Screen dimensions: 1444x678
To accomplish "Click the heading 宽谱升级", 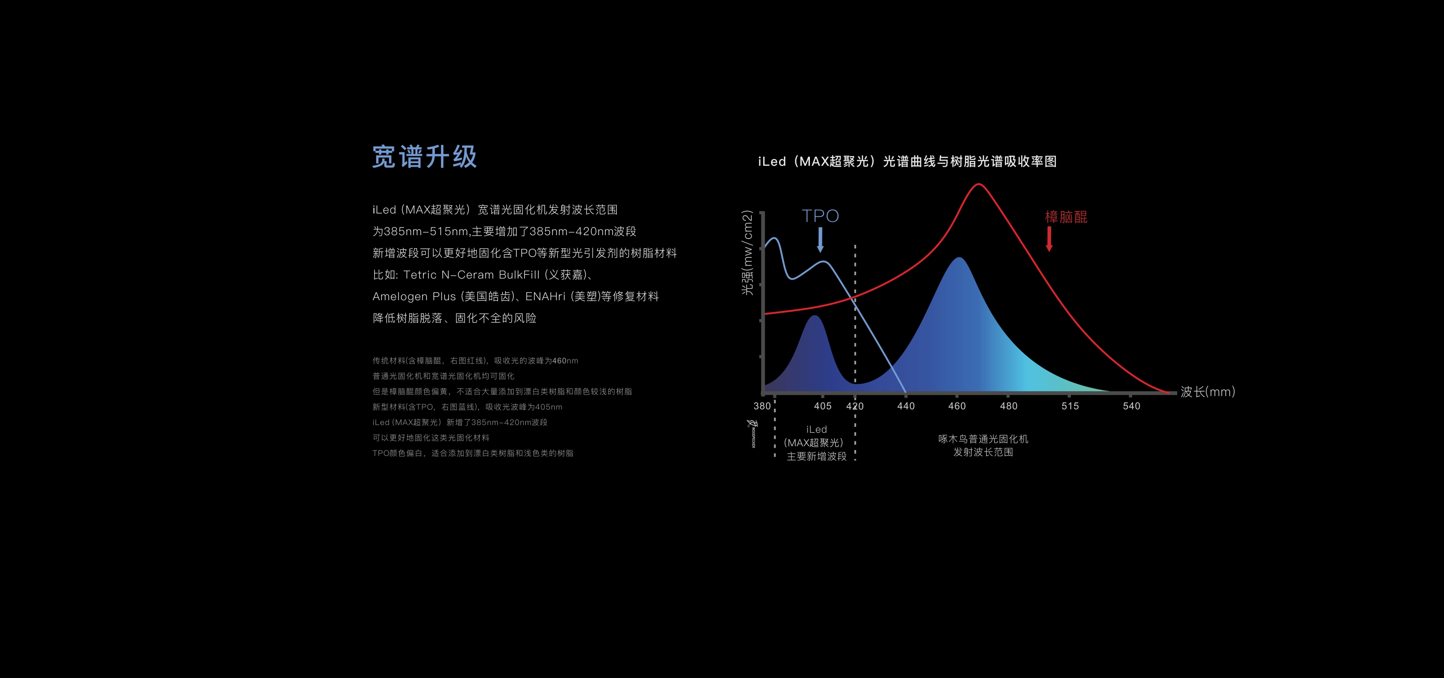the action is pos(424,157).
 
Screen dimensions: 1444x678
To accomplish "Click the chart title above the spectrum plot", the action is pos(907,161).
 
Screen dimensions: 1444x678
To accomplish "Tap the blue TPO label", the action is pos(820,216).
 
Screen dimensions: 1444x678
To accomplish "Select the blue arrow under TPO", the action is pos(820,239).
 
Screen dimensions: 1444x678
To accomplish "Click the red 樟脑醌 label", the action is pos(1066,217).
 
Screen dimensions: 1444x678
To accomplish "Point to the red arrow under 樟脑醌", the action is pos(1049,239).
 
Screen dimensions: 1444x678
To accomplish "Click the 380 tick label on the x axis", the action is pos(762,406).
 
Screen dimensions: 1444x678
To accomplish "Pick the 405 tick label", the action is pos(822,406).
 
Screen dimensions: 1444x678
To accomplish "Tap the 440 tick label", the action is pos(905,406).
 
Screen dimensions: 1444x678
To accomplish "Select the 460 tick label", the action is pos(957,406).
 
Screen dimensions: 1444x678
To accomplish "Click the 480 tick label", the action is pos(1008,406).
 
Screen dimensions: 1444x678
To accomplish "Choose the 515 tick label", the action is pos(1070,406).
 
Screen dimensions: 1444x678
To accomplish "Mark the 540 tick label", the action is pos(1131,406).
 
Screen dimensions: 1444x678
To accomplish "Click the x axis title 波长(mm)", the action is pos(1208,392).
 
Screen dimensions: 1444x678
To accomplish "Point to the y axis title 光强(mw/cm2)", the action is pos(747,253).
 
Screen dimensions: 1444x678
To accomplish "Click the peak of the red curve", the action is pos(978,184).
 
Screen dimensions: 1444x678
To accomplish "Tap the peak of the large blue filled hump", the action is pos(960,258).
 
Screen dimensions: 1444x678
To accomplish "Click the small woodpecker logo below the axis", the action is pos(752,433).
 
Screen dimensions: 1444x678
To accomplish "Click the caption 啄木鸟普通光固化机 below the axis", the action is pos(983,439).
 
